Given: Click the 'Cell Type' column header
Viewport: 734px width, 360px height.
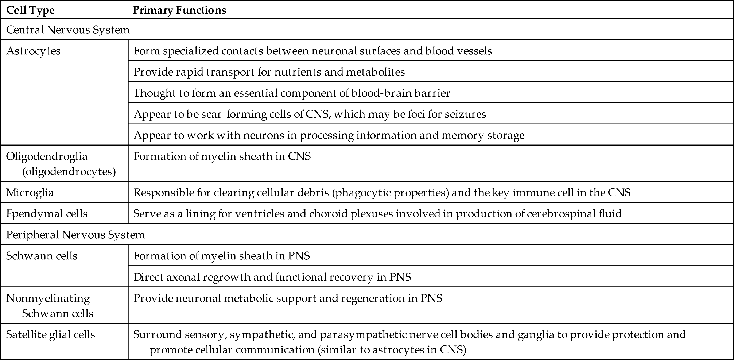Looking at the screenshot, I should pyautogui.click(x=30, y=10).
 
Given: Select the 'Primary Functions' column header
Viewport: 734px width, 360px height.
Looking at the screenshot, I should pyautogui.click(x=179, y=10).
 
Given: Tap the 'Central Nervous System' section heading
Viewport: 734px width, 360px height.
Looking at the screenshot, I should pyautogui.click(x=68, y=30).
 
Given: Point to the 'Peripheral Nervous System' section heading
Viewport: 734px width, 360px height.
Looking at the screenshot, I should pyautogui.click(x=75, y=235).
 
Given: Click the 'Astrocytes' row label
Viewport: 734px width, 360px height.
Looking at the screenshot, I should pyautogui.click(x=33, y=51).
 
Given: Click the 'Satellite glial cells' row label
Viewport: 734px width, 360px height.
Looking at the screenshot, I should pyautogui.click(x=50, y=334).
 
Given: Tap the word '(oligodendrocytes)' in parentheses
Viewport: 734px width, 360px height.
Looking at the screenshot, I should pyautogui.click(x=69, y=172).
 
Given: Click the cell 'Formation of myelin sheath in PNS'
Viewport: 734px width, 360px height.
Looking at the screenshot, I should pyautogui.click(x=221, y=256).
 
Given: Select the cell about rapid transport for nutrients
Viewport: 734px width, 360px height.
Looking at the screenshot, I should pyautogui.click(x=269, y=72).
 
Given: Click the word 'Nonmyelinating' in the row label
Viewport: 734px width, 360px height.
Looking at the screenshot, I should pyautogui.click(x=48, y=298).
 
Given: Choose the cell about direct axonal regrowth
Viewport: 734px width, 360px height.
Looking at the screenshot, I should pyautogui.click(x=272, y=277).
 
